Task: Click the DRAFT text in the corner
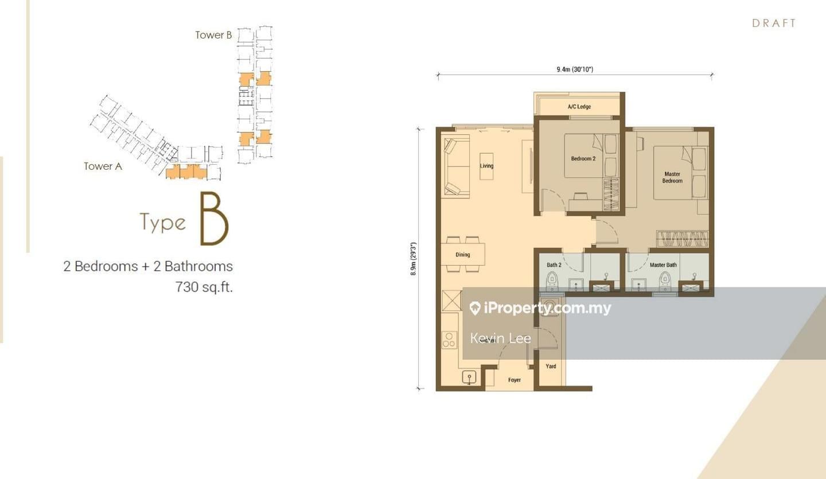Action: pyautogui.click(x=774, y=23)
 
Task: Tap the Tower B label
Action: pyautogui.click(x=213, y=35)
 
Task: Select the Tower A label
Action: pyautogui.click(x=103, y=166)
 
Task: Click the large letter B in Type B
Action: pyautogui.click(x=214, y=220)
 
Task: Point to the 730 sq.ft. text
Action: pyautogui.click(x=204, y=287)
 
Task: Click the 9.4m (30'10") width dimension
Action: pyautogui.click(x=574, y=70)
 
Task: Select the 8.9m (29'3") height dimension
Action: pyautogui.click(x=413, y=259)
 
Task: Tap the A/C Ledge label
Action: pyautogui.click(x=579, y=107)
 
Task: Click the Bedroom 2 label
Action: pyautogui.click(x=583, y=159)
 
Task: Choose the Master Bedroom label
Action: pyautogui.click(x=672, y=177)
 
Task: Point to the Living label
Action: pyautogui.click(x=486, y=166)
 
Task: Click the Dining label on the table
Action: pyautogui.click(x=462, y=255)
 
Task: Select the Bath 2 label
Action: pyautogui.click(x=554, y=265)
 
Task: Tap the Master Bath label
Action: pyautogui.click(x=663, y=265)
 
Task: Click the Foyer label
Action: pyautogui.click(x=515, y=380)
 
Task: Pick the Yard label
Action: pyautogui.click(x=551, y=366)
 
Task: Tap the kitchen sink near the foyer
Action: pyautogui.click(x=469, y=377)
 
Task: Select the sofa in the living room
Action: pyautogui.click(x=456, y=166)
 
